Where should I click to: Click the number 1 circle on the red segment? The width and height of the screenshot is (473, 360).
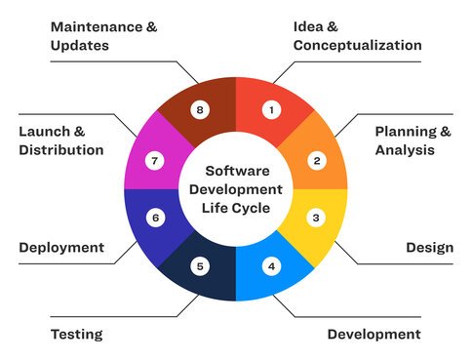pyautogui.click(x=272, y=110)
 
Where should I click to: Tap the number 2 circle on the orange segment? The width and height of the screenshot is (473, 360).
pyautogui.click(x=317, y=159)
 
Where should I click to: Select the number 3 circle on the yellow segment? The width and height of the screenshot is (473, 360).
pyautogui.click(x=317, y=218)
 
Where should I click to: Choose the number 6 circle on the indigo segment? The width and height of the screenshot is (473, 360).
pyautogui.click(x=154, y=218)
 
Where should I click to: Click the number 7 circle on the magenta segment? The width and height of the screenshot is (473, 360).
pyautogui.click(x=154, y=159)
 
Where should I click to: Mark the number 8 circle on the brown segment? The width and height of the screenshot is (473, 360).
pyautogui.click(x=200, y=110)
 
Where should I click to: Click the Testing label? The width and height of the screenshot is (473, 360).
pyautogui.click(x=76, y=335)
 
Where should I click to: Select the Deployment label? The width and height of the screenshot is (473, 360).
pyautogui.click(x=61, y=247)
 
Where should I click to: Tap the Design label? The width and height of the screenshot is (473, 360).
pyautogui.click(x=429, y=247)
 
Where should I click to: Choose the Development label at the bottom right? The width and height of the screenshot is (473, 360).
pyautogui.click(x=374, y=335)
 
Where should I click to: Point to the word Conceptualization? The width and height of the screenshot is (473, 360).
pyautogui.click(x=357, y=45)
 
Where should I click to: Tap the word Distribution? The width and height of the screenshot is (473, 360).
pyautogui.click(x=60, y=150)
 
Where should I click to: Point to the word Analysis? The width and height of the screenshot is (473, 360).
pyautogui.click(x=404, y=150)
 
